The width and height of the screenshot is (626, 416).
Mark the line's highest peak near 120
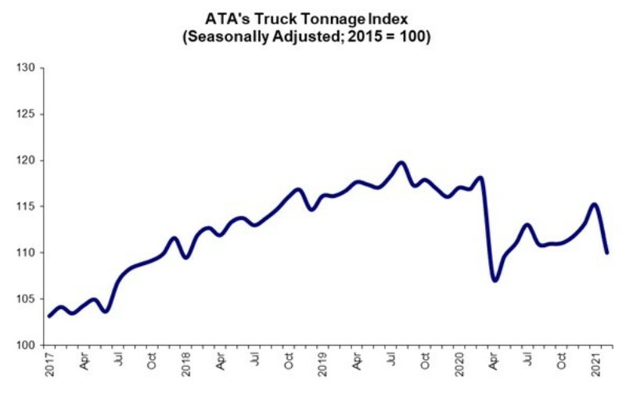401,163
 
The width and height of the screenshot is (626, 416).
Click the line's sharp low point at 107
495,280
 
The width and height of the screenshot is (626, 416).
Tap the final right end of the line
607,252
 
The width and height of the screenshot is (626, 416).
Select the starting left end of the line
49,316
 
